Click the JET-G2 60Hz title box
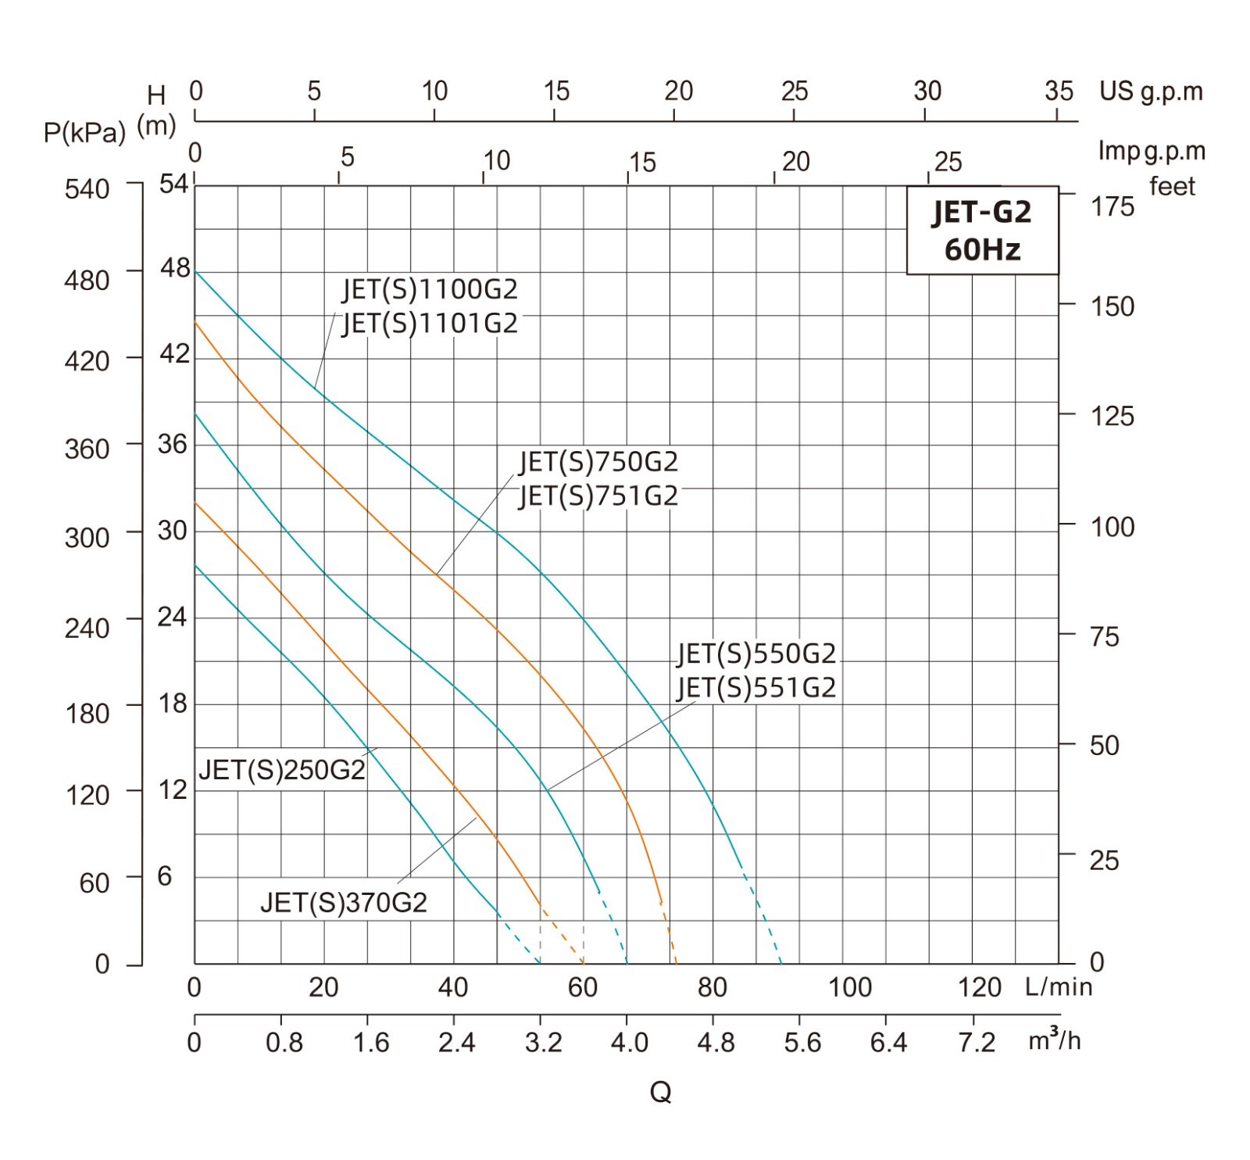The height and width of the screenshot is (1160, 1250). (982, 231)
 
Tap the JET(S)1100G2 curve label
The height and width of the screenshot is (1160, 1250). (430, 289)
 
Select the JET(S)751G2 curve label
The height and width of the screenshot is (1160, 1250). (598, 496)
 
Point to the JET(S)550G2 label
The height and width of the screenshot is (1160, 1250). (756, 653)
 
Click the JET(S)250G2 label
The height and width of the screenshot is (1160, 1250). (282, 770)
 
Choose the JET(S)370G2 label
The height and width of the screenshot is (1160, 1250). (344, 903)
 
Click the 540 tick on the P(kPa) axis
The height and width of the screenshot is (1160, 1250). (87, 189)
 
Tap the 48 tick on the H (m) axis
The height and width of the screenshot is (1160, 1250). (175, 268)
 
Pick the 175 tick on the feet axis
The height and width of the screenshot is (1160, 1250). (1112, 206)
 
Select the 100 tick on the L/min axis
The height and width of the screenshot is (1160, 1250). (850, 987)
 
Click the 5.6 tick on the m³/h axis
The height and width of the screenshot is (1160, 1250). (802, 1042)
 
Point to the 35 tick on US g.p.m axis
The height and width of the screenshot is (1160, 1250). (1059, 91)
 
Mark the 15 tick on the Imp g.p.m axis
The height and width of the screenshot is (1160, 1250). (642, 163)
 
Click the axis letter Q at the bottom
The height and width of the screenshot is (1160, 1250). (660, 1092)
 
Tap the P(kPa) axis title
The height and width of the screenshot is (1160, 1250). (84, 133)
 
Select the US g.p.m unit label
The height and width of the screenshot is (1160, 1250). (1151, 91)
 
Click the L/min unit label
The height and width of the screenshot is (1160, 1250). (1059, 987)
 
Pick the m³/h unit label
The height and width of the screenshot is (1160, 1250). (1055, 1040)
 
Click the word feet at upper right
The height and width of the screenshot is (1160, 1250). (1172, 186)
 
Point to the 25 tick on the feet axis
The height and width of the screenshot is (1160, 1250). (1104, 861)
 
